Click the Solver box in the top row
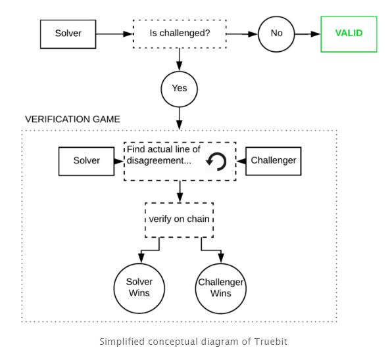tap(68, 34)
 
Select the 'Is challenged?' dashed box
tap(180, 34)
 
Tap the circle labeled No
tap(276, 34)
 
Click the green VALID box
tap(349, 34)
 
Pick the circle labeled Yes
tap(179, 89)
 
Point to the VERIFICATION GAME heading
tap(72, 120)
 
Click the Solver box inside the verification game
tap(86, 161)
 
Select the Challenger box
tap(274, 161)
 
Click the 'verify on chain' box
tap(179, 220)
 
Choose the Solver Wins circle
tap(139, 288)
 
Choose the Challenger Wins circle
tap(221, 288)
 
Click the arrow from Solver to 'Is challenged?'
tap(114, 34)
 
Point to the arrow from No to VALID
tap(308, 34)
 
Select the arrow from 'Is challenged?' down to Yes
tap(179, 60)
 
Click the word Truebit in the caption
tap(270, 342)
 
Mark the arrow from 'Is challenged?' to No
tap(242, 34)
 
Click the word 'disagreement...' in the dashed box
tap(159, 161)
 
